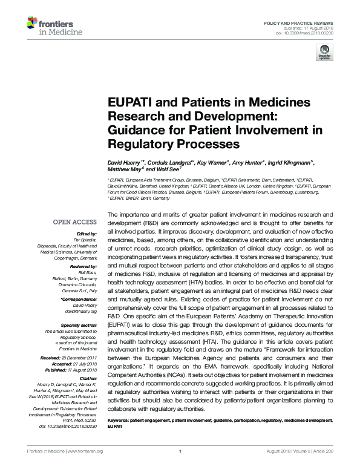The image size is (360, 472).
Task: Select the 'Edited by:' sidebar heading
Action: click(79, 234)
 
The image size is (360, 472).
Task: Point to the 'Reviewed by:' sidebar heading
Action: click(76, 266)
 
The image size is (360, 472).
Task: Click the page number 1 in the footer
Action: click(181, 467)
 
